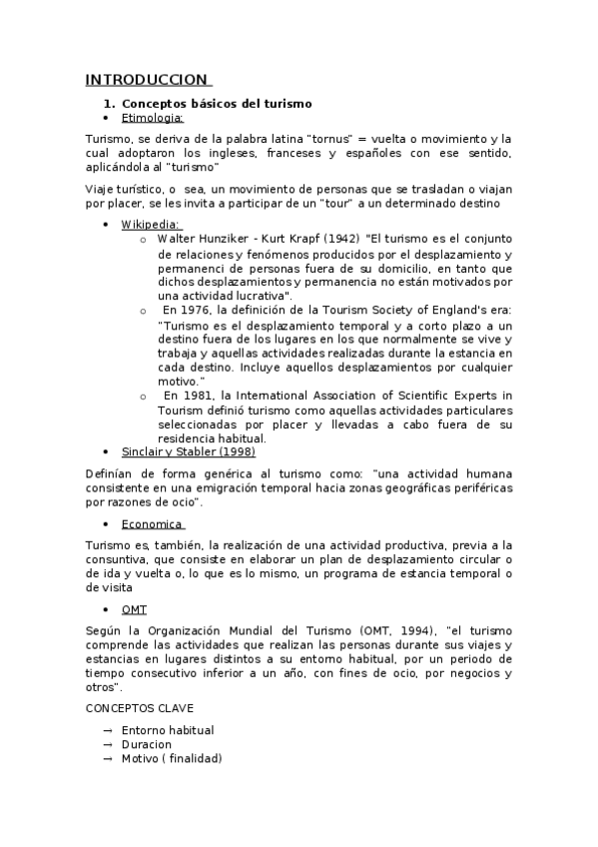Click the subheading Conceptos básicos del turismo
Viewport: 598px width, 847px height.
pyautogui.click(x=217, y=104)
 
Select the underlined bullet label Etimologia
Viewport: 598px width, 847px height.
pyautogui.click(x=153, y=118)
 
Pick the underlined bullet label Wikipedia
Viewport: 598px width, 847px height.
pyautogui.click(x=151, y=224)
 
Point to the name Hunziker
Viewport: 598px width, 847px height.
pyautogui.click(x=222, y=240)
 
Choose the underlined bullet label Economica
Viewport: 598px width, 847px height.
pyautogui.click(x=152, y=523)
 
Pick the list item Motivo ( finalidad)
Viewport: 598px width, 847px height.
pyautogui.click(x=172, y=759)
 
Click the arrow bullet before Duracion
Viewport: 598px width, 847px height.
pyautogui.click(x=107, y=744)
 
